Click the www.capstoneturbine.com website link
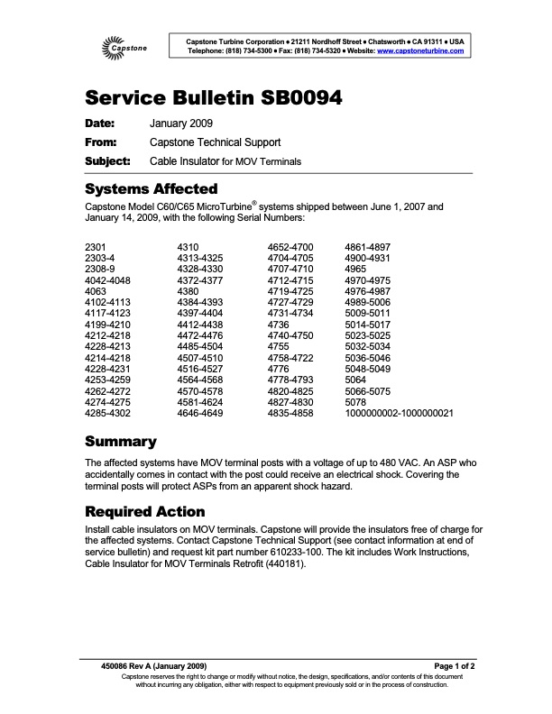420,50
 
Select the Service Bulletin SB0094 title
212,98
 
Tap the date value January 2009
180,124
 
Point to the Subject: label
107,161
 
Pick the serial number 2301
95,247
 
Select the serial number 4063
95,291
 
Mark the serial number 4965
357,269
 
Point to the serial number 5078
357,401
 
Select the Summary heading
120,442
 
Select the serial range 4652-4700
290,247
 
